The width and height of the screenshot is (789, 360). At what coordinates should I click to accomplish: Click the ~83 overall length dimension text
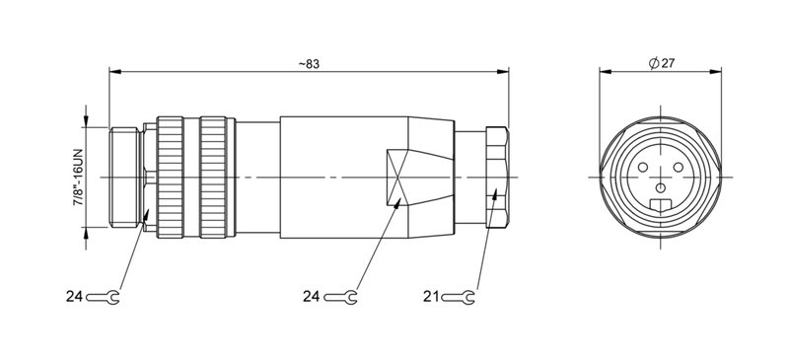[x=309, y=63]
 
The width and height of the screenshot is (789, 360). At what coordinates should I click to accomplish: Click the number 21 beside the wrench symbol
[x=431, y=295]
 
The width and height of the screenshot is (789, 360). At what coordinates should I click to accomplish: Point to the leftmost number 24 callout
[x=75, y=295]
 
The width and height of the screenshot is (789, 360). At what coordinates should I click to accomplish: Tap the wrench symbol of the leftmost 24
[x=104, y=295]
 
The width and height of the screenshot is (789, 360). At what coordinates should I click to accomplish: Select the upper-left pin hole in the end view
[x=646, y=166]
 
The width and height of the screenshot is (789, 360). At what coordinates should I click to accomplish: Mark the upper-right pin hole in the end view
[x=678, y=166]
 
